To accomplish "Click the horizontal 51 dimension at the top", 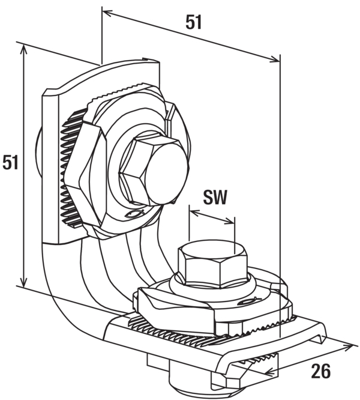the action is (194, 22).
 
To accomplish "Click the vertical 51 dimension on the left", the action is (10, 162).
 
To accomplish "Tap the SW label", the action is (215, 197).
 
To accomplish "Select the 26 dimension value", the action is (320, 371).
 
